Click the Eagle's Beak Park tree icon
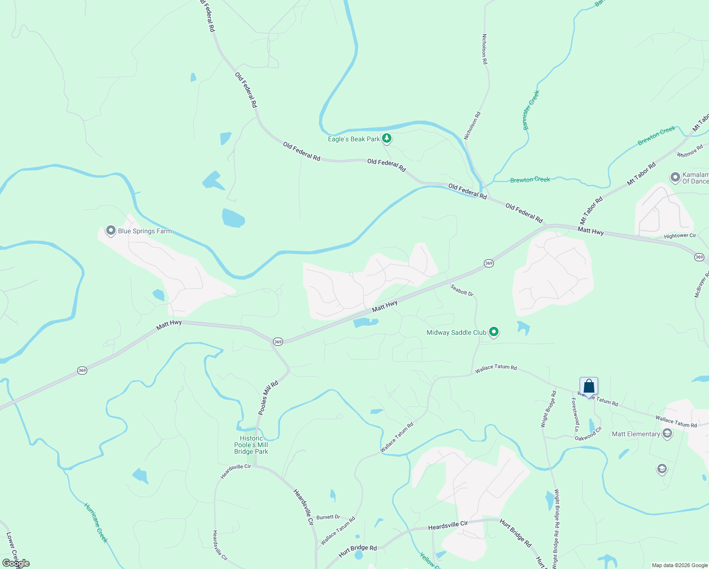point(387,138)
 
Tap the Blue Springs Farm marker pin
point(111,230)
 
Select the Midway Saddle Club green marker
point(494,332)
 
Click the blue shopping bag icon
point(589,386)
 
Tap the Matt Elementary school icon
point(667,433)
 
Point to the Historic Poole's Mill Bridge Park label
point(251,445)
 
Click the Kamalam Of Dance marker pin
point(675,177)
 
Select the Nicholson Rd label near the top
point(484,49)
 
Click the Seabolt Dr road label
point(462,290)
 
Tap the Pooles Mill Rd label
point(268,397)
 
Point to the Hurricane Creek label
point(96,523)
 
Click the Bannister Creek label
point(531,110)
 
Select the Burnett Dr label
point(328,517)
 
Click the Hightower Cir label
point(680,236)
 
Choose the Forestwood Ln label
point(575,414)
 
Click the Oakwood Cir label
point(588,434)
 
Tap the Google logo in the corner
point(16,563)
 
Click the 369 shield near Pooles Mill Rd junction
point(278,341)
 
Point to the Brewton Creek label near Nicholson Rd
point(530,180)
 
